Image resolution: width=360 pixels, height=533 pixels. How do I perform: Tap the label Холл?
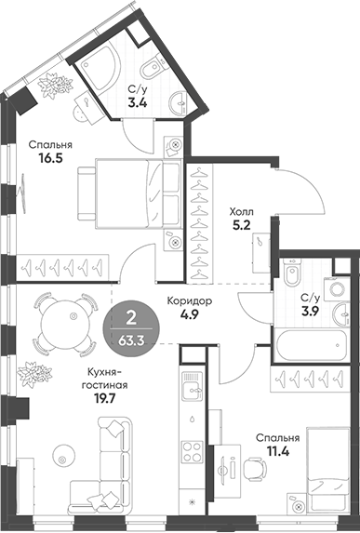coord(243,210)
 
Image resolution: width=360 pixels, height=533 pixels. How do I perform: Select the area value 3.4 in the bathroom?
coord(136,104)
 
